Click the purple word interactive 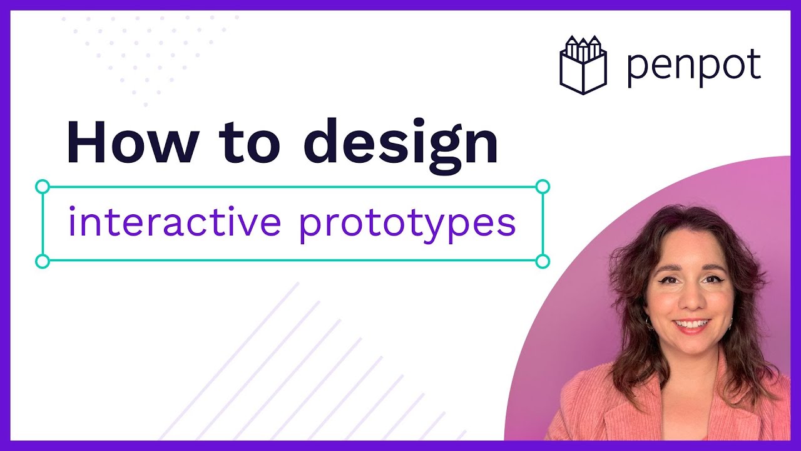click(x=174, y=223)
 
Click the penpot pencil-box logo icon click(x=583, y=66)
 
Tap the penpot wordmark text click(x=693, y=67)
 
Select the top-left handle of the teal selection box click(x=43, y=186)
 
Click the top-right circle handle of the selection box click(x=543, y=186)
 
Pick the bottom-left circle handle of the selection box click(x=43, y=261)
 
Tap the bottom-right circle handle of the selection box click(x=543, y=261)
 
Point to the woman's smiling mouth click(x=691, y=325)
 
